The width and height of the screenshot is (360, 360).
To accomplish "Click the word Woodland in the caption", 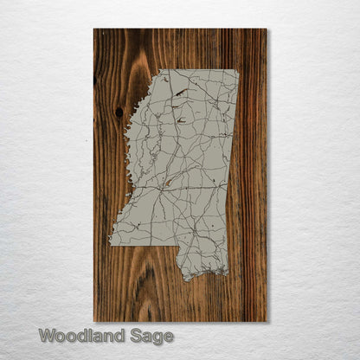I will click(81, 336).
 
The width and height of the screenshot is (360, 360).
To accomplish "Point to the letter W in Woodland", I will click(47, 336).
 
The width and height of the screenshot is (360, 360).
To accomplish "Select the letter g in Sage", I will click(156, 337).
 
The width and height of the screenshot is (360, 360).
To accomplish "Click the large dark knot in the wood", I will click(119, 112).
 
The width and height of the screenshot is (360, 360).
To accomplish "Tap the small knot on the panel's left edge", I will click(95, 80).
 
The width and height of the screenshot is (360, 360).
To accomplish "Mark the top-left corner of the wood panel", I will click(93, 29).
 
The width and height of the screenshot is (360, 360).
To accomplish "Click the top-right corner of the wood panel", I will click(267, 29).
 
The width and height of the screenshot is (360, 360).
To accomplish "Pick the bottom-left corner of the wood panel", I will click(93, 322).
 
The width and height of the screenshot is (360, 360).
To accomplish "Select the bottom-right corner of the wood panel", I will click(267, 322).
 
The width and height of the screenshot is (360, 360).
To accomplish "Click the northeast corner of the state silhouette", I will click(238, 70).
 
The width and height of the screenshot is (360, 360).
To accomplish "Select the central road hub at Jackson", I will click(162, 184).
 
